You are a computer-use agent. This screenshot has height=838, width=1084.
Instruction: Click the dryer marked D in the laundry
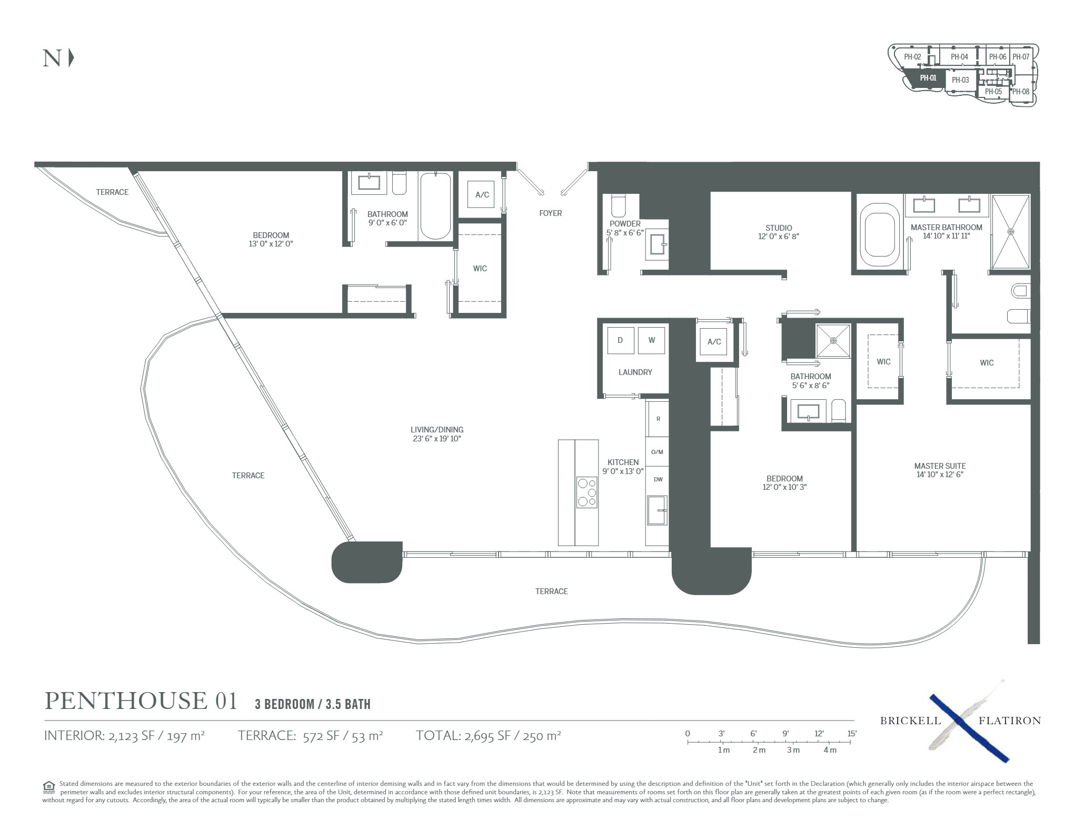coord(620,340)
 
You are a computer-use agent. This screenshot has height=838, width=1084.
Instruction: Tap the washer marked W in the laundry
coord(651,340)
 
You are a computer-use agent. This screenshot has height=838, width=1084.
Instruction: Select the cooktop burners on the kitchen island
coord(586,492)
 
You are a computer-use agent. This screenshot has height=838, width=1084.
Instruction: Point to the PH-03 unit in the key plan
coord(960,81)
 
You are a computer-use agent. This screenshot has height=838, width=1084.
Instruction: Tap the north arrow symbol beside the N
coord(72,58)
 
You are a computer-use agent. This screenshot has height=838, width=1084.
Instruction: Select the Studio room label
coord(779,228)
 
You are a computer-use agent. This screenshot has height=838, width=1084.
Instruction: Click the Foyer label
coord(550,213)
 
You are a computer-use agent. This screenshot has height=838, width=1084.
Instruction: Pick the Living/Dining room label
coord(437,430)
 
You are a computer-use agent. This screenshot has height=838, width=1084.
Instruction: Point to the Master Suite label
coord(940,466)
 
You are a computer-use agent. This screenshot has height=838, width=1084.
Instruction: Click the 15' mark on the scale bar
coord(852,734)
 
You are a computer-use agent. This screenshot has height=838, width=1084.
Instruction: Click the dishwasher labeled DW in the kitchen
coord(658,479)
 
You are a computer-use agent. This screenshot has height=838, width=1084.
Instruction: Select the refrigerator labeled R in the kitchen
coord(658,419)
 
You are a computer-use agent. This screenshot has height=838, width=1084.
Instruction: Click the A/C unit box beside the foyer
coord(482,195)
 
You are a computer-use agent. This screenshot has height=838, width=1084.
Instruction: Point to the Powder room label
coord(625,224)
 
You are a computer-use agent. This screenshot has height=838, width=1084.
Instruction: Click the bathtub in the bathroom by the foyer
coord(435,206)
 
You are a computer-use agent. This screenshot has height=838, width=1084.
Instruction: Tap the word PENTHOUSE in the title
coord(126,701)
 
